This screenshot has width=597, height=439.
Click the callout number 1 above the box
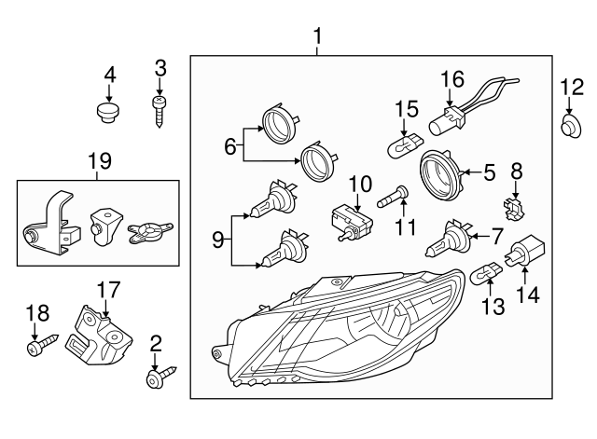click(318, 36)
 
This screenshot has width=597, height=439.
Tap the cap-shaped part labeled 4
click(110, 112)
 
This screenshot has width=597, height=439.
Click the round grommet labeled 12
click(567, 123)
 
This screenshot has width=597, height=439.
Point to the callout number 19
click(97, 162)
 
